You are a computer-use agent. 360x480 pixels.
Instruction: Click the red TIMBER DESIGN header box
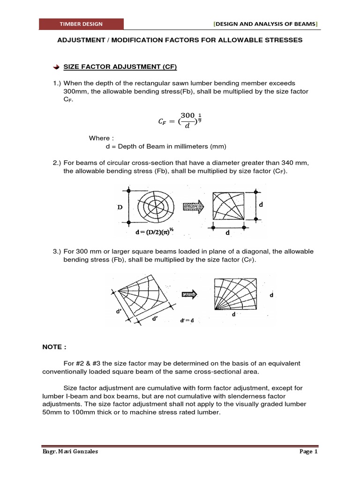click(81, 24)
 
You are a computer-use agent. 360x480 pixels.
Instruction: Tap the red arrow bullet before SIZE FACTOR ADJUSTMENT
click(56, 67)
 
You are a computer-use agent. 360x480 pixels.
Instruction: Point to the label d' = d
click(187, 321)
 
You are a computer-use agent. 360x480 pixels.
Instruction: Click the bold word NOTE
click(54, 347)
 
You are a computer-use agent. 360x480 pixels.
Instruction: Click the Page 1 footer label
click(308, 452)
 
